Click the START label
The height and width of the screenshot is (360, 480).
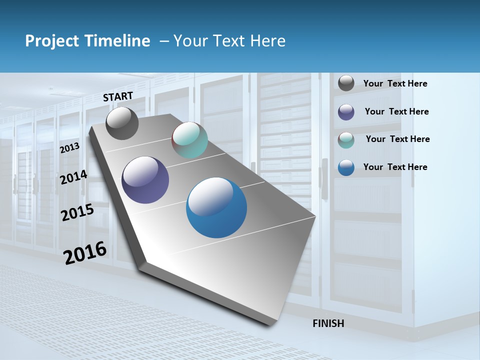pyautogui.click(x=118, y=96)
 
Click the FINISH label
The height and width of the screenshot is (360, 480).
pyautogui.click(x=328, y=323)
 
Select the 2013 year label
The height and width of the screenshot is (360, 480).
pyautogui.click(x=69, y=147)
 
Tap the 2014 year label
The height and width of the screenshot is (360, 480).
pyautogui.click(x=73, y=177)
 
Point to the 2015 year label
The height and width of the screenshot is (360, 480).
pyautogui.click(x=77, y=212)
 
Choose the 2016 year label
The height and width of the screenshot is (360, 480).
pyautogui.click(x=85, y=252)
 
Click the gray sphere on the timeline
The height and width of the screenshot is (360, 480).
pyautogui.click(x=122, y=123)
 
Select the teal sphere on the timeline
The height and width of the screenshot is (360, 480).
pyautogui.click(x=189, y=140)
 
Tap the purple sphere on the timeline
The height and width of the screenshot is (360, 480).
pyautogui.click(x=145, y=180)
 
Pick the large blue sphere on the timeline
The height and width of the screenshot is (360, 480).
pyautogui.click(x=216, y=207)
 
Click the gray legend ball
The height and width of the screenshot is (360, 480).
pyautogui.click(x=346, y=83)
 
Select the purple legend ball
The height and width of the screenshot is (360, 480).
pyautogui.click(x=346, y=112)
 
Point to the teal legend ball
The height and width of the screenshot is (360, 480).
pyautogui.click(x=346, y=140)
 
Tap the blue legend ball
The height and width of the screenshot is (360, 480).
pyautogui.click(x=346, y=167)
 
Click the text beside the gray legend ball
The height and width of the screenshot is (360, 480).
pyautogui.click(x=395, y=83)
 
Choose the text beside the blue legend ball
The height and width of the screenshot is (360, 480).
pyautogui.click(x=395, y=167)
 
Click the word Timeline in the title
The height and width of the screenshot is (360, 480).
pyautogui.click(x=117, y=41)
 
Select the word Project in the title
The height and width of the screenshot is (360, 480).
pyautogui.click(x=52, y=41)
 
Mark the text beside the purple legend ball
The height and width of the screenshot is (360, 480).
pyautogui.click(x=396, y=111)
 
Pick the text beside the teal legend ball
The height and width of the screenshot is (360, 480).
pyautogui.click(x=397, y=139)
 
